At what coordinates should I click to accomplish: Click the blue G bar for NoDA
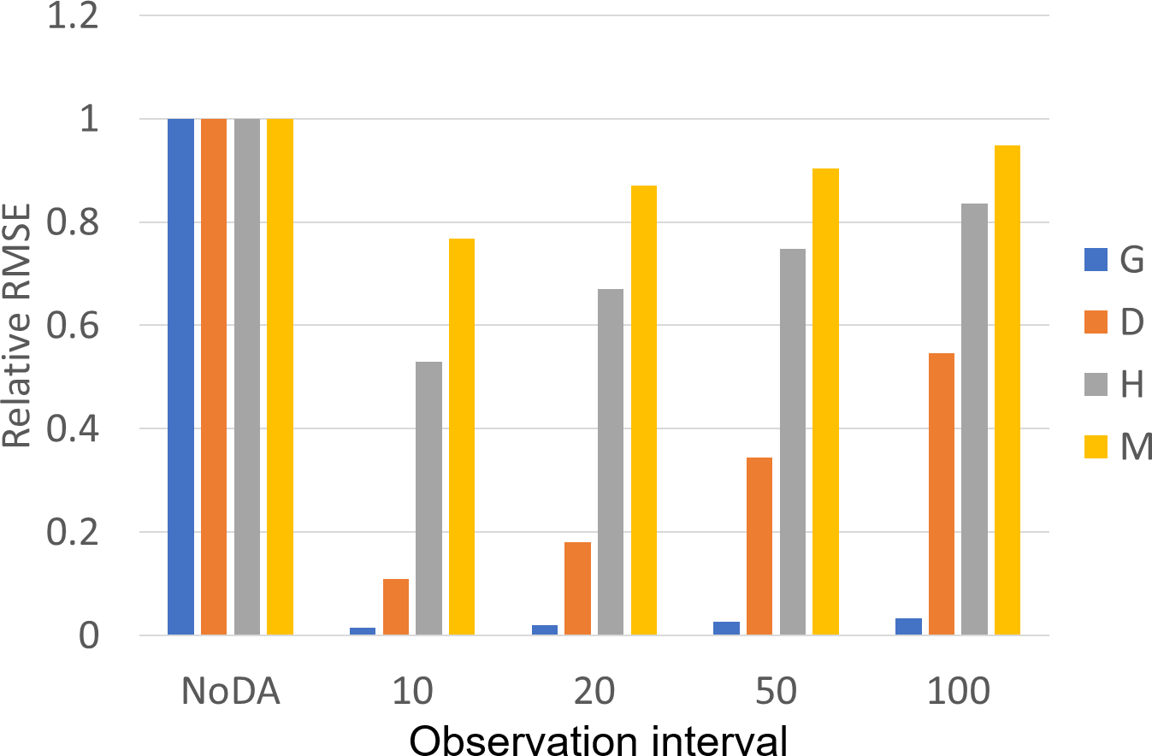(180, 376)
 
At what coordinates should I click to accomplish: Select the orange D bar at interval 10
(396, 607)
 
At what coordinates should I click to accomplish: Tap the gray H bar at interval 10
(428, 499)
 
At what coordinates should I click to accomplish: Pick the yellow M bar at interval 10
(462, 437)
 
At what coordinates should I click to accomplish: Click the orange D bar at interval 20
(577, 588)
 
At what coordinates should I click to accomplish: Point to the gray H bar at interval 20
(611, 462)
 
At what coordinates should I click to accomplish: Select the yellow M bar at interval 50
(825, 402)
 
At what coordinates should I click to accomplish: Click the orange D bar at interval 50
(759, 546)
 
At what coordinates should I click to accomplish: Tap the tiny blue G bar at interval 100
(908, 627)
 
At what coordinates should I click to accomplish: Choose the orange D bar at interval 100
(941, 494)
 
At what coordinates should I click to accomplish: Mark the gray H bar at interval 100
(974, 419)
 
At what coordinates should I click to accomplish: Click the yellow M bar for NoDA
(280, 376)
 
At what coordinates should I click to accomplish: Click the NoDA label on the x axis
(230, 690)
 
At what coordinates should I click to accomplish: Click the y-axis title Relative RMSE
(18, 325)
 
